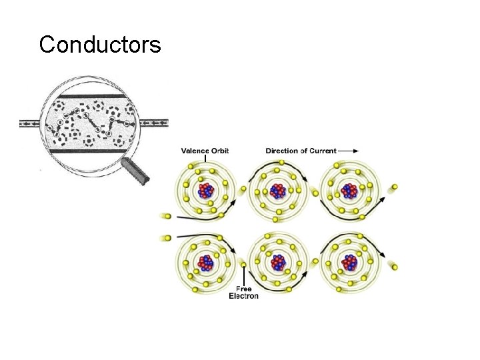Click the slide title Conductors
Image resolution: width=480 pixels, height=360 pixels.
click(x=99, y=45)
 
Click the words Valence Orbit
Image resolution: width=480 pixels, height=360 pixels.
click(x=205, y=151)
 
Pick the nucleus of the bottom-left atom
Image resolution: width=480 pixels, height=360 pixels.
click(x=206, y=261)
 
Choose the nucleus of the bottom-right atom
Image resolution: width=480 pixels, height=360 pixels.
click(x=348, y=261)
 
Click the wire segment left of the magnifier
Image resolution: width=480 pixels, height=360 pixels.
click(x=30, y=124)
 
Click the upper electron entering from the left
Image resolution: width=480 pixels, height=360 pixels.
click(x=165, y=216)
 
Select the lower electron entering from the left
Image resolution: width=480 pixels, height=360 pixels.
click(x=165, y=237)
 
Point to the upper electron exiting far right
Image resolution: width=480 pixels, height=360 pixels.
click(x=395, y=186)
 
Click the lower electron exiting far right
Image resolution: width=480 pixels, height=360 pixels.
click(x=395, y=267)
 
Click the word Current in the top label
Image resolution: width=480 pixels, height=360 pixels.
click(x=321, y=151)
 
